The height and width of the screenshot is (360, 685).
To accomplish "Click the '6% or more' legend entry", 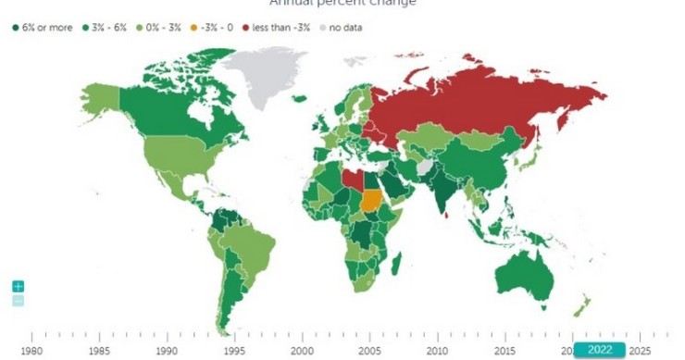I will pos(43,28).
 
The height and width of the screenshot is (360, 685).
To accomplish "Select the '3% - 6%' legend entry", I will pos(106,28).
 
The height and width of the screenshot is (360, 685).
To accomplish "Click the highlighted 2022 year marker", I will pos(598,350).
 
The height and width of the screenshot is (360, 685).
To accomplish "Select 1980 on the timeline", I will pos(32,351).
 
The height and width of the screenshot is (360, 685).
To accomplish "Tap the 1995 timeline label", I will pos(234,351).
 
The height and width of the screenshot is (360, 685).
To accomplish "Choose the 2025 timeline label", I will pos(640,351).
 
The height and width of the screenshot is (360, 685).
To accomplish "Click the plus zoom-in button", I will pos(19,287).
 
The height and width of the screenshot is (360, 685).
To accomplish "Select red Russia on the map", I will pos(481,102).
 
